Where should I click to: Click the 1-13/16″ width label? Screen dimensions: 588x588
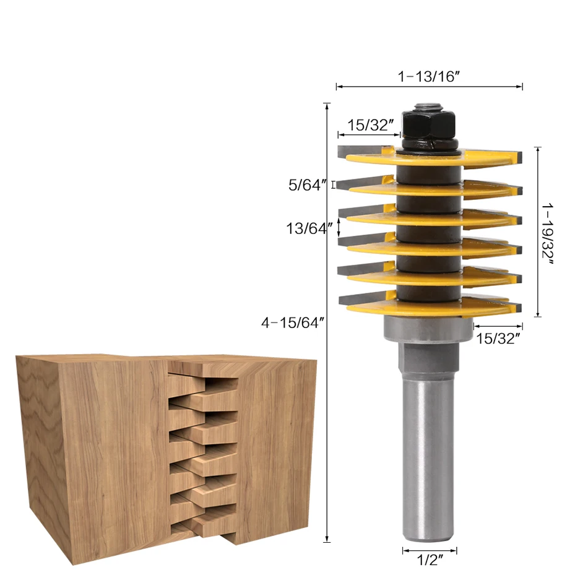pos(430,77)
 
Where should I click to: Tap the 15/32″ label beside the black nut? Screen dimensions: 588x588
pos(371,125)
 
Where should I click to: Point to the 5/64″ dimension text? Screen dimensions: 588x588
pos(307,184)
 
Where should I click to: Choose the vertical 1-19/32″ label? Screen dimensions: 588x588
pos(548,232)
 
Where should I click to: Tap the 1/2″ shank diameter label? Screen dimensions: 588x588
pos(430,562)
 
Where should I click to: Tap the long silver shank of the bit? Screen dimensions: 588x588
pos(429,458)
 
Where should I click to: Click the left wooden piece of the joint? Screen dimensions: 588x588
pos(93,446)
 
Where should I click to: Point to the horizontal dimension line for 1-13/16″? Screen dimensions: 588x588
pos(430,87)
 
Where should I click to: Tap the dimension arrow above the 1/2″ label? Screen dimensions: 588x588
pos(430,550)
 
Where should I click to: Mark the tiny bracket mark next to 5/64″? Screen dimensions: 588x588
pos(334,184)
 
